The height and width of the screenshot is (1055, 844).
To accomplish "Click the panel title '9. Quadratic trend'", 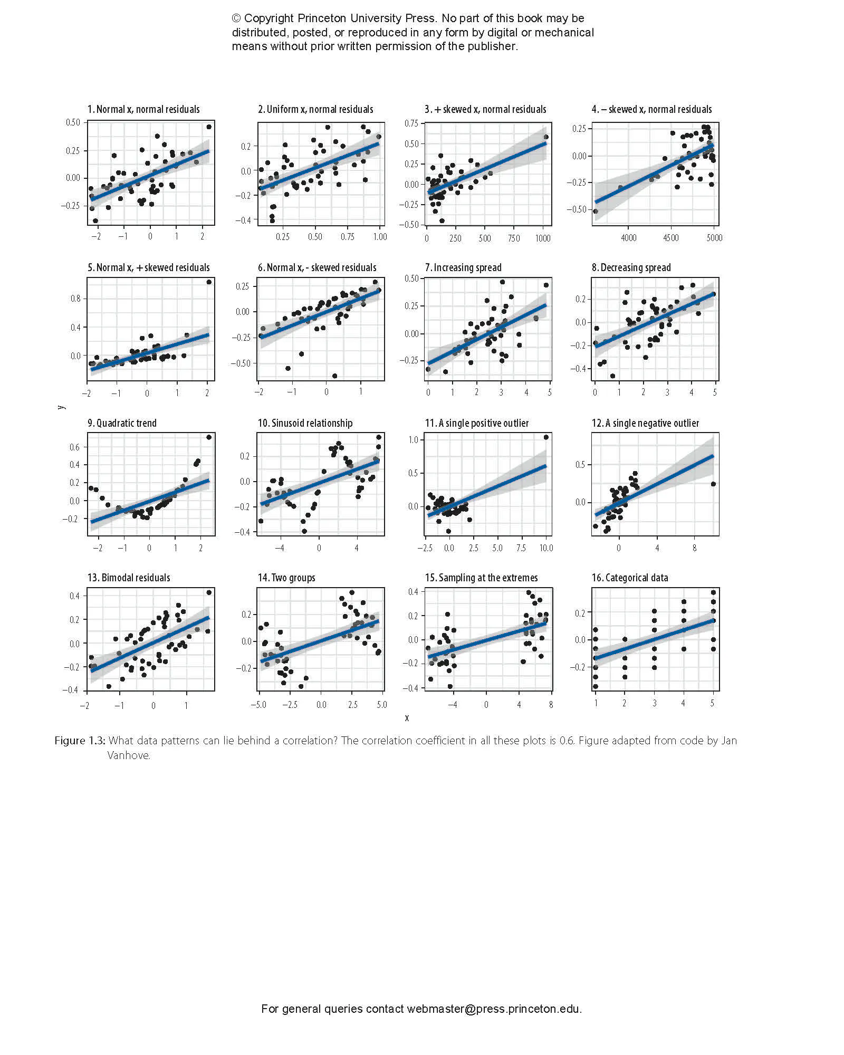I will [x=122, y=423].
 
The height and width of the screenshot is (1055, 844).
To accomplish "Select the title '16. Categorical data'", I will [x=630, y=578].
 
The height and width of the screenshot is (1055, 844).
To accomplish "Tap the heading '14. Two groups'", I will [x=286, y=578].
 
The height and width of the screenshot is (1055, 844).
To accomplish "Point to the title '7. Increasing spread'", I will [x=463, y=267].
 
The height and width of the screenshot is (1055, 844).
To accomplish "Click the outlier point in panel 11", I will [x=546, y=437].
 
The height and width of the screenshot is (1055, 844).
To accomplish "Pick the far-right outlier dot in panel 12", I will [x=713, y=484].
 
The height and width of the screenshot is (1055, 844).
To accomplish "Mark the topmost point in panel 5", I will [x=209, y=282].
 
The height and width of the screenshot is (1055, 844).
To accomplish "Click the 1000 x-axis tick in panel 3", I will [x=543, y=238].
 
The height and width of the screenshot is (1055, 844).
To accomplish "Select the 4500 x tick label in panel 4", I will [x=671, y=238].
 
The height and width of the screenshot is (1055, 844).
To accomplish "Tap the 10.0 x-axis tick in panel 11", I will [x=546, y=548].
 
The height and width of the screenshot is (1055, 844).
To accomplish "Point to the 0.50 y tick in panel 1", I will [x=73, y=122].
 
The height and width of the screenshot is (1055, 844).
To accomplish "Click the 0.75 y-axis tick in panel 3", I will [x=411, y=123].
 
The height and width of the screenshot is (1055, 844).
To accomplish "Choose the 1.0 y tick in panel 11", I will [x=413, y=439].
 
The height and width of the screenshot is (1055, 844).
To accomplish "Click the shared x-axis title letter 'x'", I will [x=407, y=718].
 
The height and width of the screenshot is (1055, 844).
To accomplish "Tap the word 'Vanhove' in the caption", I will [x=128, y=755].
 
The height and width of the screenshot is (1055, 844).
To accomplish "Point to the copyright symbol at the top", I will [x=236, y=18].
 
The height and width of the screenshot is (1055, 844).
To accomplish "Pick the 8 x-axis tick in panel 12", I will [x=694, y=548].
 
